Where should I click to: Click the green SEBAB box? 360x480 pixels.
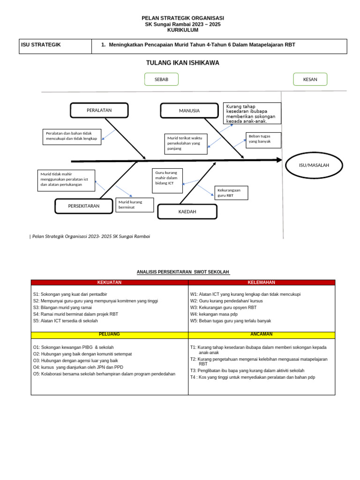point(161,80)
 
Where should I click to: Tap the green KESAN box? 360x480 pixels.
point(310,80)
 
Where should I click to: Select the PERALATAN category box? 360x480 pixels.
point(99,111)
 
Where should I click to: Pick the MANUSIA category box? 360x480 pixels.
point(189,111)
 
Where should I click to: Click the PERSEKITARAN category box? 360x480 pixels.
point(84,206)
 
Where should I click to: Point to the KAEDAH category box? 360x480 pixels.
point(187,212)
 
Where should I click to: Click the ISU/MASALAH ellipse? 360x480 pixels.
point(314,165)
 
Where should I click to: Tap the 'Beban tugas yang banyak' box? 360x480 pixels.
point(263,139)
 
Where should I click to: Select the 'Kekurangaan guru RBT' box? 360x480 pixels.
point(231,193)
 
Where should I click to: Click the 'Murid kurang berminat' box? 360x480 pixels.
point(134,205)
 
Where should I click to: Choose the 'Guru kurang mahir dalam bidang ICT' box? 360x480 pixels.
point(167,180)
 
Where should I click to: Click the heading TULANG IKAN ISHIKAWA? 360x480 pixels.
point(182,63)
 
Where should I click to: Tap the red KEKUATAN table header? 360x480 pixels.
point(109,283)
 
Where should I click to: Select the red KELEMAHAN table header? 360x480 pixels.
point(261,283)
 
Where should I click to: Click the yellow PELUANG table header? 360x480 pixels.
point(109,335)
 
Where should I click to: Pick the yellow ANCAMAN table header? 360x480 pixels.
point(261,335)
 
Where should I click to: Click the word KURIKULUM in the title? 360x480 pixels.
point(183,30)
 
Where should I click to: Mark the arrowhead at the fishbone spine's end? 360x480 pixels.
point(279,160)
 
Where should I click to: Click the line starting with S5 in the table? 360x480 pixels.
point(66,321)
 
